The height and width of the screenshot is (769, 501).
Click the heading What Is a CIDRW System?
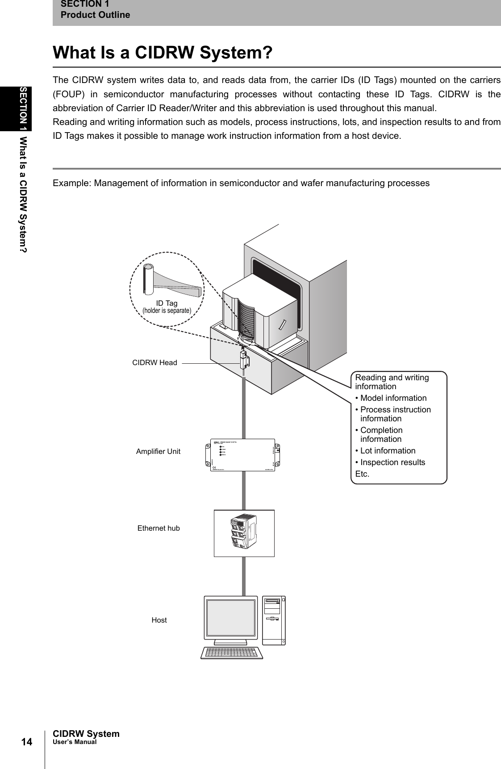pos(163,53)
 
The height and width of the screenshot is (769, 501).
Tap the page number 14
pos(27,742)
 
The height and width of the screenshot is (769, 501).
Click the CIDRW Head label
pos(154,363)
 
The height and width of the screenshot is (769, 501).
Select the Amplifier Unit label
pos(158,451)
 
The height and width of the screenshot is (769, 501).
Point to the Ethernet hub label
pos(159,528)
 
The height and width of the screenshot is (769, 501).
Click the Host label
pos(159,620)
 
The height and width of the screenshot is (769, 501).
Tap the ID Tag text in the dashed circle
pos(167,303)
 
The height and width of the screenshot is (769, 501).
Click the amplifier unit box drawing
pos(244,455)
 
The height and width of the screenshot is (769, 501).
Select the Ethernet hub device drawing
pos(244,533)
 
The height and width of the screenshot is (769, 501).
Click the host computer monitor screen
pos(231,618)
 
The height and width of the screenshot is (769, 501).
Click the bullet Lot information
pos(388,451)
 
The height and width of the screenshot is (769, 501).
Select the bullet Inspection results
pos(392,462)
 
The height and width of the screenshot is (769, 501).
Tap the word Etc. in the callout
pos(362,474)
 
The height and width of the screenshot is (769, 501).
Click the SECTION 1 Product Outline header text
pos(95,9)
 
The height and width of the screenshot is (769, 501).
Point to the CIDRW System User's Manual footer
pos(86,737)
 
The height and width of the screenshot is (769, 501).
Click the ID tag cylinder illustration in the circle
pos(148,279)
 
